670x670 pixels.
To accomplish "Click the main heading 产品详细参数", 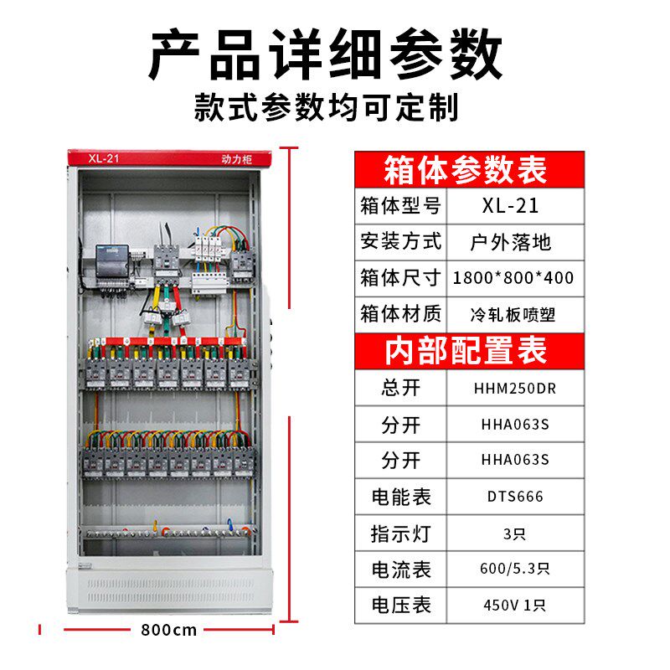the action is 326,54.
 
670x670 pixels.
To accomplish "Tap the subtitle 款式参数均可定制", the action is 327,107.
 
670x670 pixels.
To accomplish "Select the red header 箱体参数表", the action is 470,170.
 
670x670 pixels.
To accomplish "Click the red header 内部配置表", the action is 470,350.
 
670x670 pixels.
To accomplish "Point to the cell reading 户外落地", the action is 511,242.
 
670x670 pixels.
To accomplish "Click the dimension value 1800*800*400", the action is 513,278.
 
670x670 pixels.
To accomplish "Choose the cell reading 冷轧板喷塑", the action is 513,315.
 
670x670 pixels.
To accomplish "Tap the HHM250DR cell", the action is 515,389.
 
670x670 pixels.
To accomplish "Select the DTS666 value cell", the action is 515,497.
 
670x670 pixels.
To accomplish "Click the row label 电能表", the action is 401,497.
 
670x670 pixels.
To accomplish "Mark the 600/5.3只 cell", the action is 515,569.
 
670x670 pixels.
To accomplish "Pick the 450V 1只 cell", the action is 515,605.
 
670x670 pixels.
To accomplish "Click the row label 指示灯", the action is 401,533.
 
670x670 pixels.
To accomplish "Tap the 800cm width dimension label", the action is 169,630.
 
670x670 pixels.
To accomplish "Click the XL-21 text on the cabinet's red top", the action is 104,158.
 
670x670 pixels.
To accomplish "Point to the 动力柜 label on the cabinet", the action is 237,159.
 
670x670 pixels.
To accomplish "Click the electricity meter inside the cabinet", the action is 111,261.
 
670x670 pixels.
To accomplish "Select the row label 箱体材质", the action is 400,314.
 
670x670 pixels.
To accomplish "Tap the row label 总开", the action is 401,388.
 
